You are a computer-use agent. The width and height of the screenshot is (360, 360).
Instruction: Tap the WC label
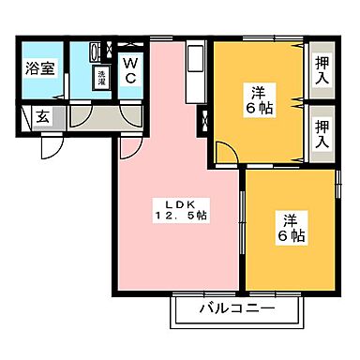click(x=129, y=69)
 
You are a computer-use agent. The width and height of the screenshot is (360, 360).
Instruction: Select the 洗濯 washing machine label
click(x=99, y=79)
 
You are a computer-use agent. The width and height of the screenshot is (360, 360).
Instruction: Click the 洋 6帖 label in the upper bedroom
click(x=259, y=100)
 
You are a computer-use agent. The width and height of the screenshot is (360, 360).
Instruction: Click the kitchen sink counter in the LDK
click(x=194, y=70)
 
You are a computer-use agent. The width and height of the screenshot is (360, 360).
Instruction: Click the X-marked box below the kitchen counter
click(x=203, y=119)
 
